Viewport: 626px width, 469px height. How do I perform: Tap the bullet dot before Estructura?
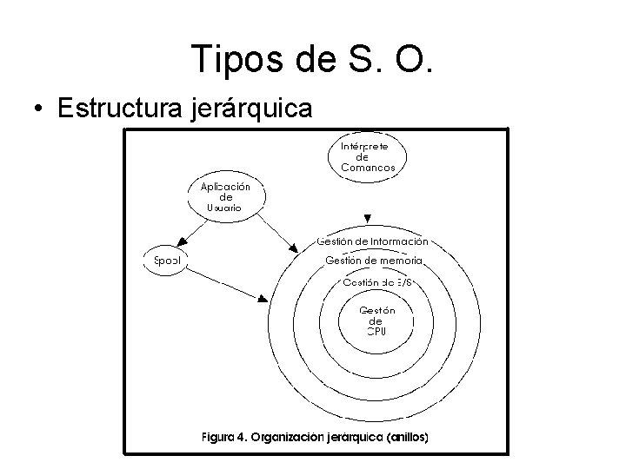(38, 110)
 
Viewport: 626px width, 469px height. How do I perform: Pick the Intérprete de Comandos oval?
(368, 157)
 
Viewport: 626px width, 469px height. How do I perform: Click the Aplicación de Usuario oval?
(225, 197)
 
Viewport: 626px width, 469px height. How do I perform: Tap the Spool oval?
(166, 260)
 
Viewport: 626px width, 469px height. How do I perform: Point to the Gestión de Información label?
(372, 241)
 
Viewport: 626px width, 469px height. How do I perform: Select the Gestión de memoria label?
(374, 261)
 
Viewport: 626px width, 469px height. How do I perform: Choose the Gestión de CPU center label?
(377, 320)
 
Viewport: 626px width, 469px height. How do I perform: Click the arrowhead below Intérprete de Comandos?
(369, 218)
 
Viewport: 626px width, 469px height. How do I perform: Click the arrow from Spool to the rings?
(226, 281)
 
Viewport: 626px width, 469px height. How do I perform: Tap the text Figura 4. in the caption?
(223, 437)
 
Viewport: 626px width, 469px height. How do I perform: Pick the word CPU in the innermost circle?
(376, 331)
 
